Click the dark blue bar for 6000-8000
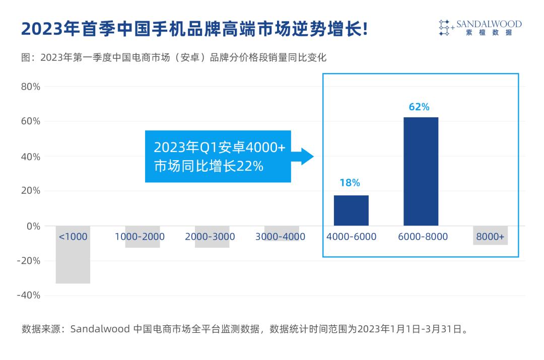coord(421,171)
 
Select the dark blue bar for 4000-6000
coord(351,210)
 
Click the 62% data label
coord(419,107)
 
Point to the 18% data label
coord(350,183)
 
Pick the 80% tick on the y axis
coord(30,87)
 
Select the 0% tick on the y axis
coord(33,226)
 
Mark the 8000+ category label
coord(490,237)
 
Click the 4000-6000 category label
coord(351,237)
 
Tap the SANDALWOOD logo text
coord(489,24)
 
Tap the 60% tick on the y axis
coord(30,121)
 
